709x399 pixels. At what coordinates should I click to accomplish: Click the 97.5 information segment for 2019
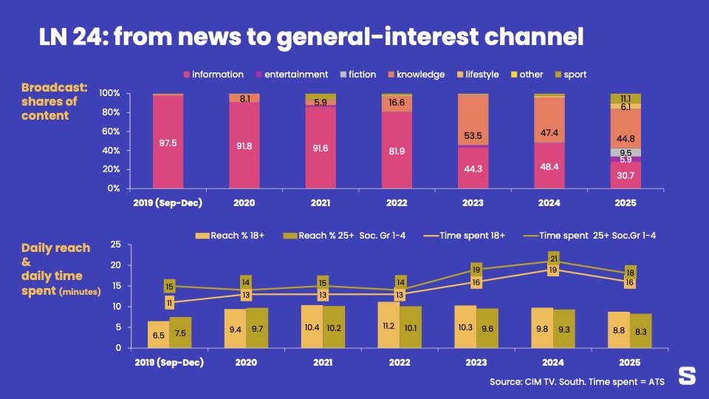pyautogui.click(x=168, y=143)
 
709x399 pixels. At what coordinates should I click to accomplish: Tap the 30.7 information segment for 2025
pyautogui.click(x=626, y=175)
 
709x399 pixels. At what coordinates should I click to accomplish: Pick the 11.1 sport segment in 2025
pyautogui.click(x=626, y=98)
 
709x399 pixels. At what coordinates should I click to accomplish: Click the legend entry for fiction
pyautogui.click(x=357, y=75)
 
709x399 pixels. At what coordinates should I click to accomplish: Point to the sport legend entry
pyautogui.click(x=570, y=75)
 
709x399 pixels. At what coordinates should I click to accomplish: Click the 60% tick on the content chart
pyautogui.click(x=109, y=132)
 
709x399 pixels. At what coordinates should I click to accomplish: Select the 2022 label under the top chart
pyautogui.click(x=397, y=202)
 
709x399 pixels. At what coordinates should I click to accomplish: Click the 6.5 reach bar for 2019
pyautogui.click(x=158, y=335)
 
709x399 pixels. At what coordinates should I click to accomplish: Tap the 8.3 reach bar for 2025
pyautogui.click(x=641, y=331)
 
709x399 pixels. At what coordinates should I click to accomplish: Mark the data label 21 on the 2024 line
pyautogui.click(x=553, y=259)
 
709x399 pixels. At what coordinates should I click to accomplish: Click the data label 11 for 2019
pyautogui.click(x=169, y=303)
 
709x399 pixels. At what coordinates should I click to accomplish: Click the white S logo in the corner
pyautogui.click(x=687, y=376)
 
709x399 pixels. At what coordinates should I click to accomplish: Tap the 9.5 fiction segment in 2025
pyautogui.click(x=626, y=152)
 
